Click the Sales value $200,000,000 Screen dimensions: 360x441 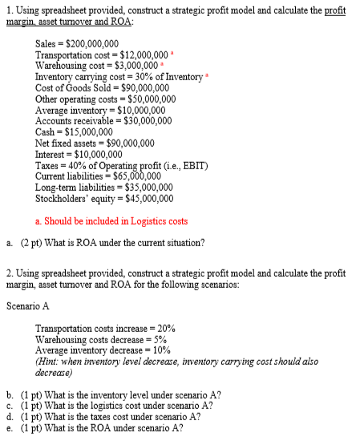(94, 44)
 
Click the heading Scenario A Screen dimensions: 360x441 (26, 305)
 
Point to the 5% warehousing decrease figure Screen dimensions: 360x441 (160, 339)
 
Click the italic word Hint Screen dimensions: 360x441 (48, 362)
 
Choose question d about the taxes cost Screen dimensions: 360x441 (119, 417)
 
